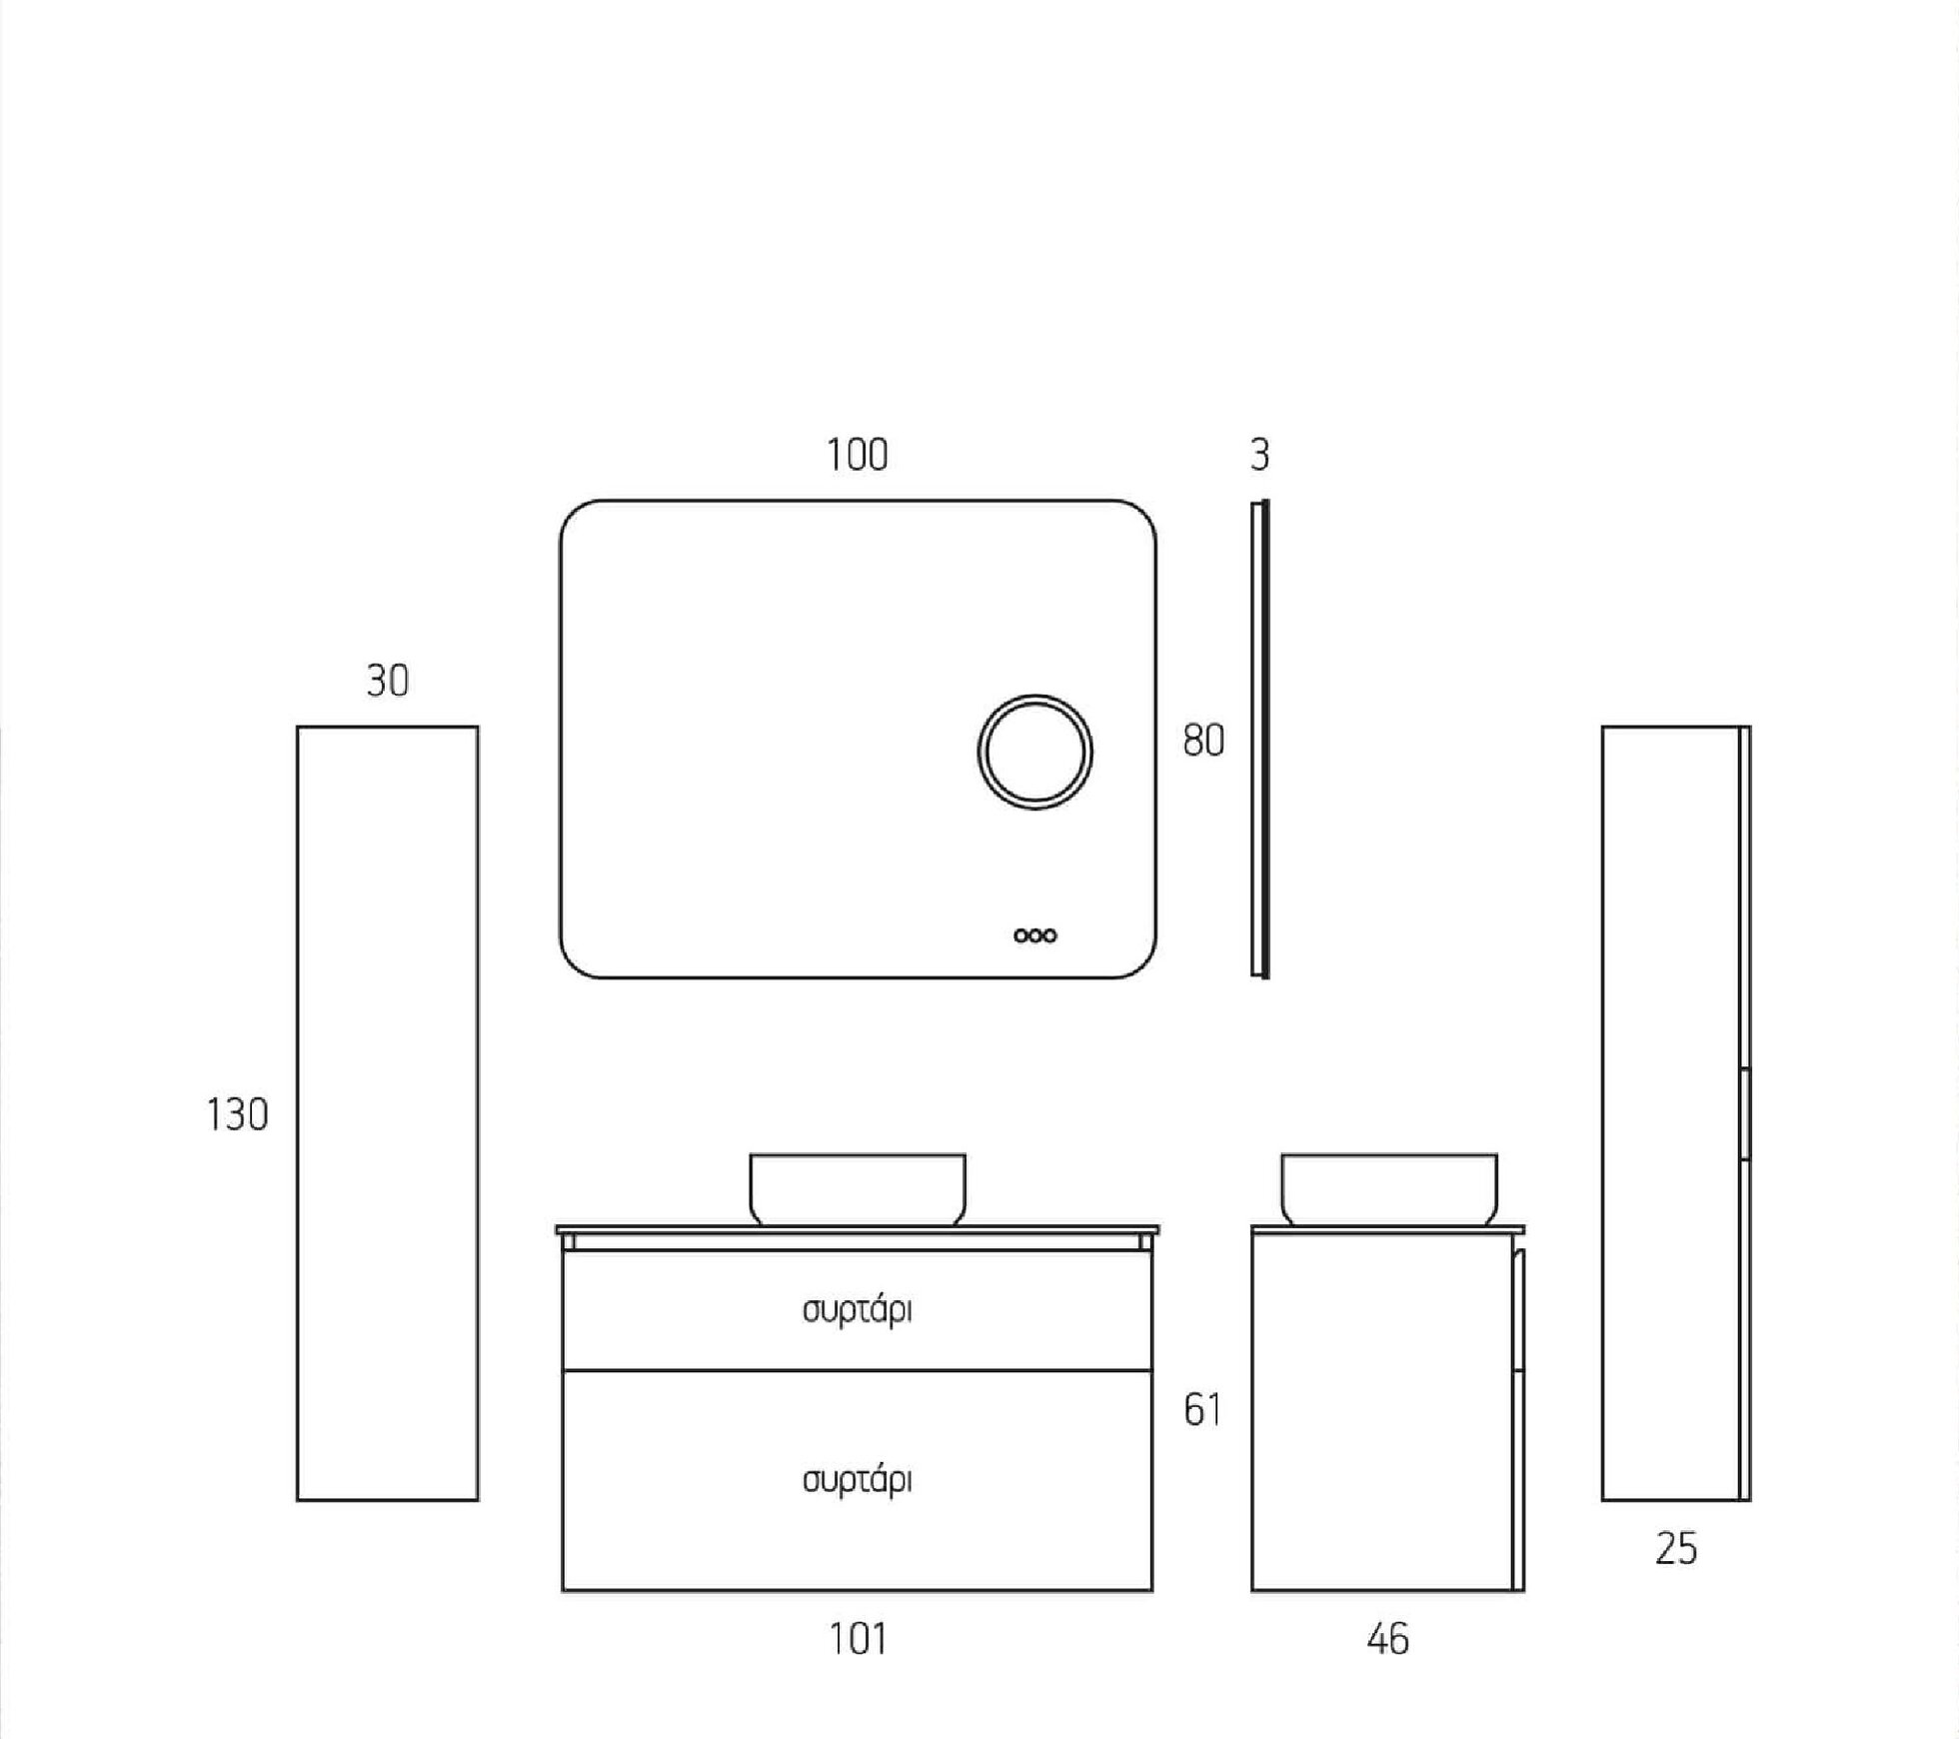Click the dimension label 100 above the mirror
click(857, 455)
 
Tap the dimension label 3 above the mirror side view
click(1259, 455)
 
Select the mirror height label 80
click(1203, 741)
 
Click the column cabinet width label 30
click(388, 681)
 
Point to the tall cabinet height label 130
click(237, 1114)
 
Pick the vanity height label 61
click(1202, 1410)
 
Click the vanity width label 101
click(858, 1640)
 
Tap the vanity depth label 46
click(1387, 1640)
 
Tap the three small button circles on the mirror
click(1034, 935)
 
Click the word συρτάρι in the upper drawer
click(858, 1310)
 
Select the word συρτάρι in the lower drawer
click(858, 1480)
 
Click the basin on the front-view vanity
click(858, 1189)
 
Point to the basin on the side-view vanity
click(1389, 1189)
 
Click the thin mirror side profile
click(1260, 739)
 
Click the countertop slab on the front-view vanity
click(858, 1229)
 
